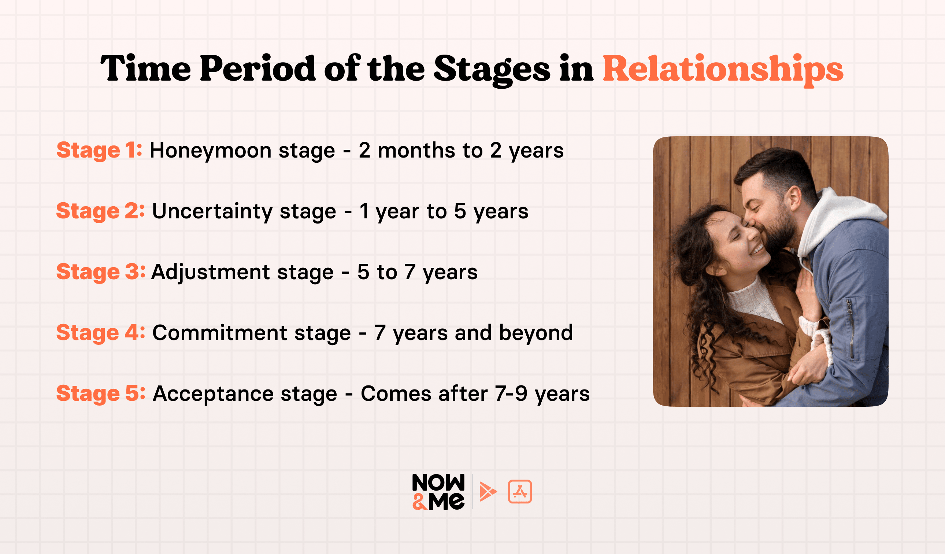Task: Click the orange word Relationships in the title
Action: click(723, 69)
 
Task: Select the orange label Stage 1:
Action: click(99, 151)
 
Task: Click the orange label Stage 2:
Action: click(100, 211)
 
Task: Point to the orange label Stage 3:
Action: click(100, 272)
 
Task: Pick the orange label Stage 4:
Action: click(100, 333)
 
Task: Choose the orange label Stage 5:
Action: click(100, 394)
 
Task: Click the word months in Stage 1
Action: click(416, 151)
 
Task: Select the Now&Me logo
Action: click(438, 492)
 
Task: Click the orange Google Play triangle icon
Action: click(488, 492)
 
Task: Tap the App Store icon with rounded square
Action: click(520, 491)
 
